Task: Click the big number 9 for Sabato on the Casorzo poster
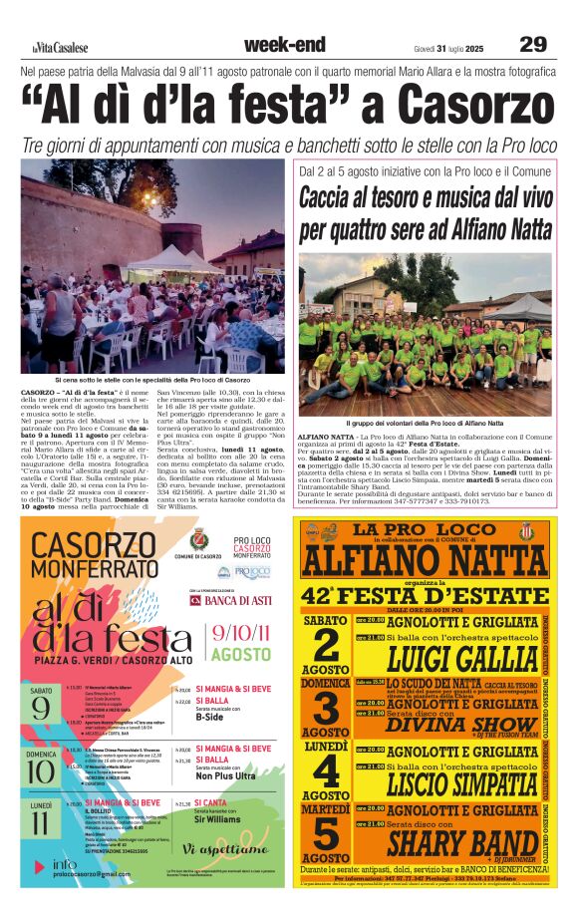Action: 41,708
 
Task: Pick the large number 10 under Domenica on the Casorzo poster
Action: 41,770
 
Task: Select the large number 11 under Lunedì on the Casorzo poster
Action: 41,823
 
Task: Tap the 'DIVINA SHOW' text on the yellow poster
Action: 448,723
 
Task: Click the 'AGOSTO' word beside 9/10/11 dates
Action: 240,655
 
